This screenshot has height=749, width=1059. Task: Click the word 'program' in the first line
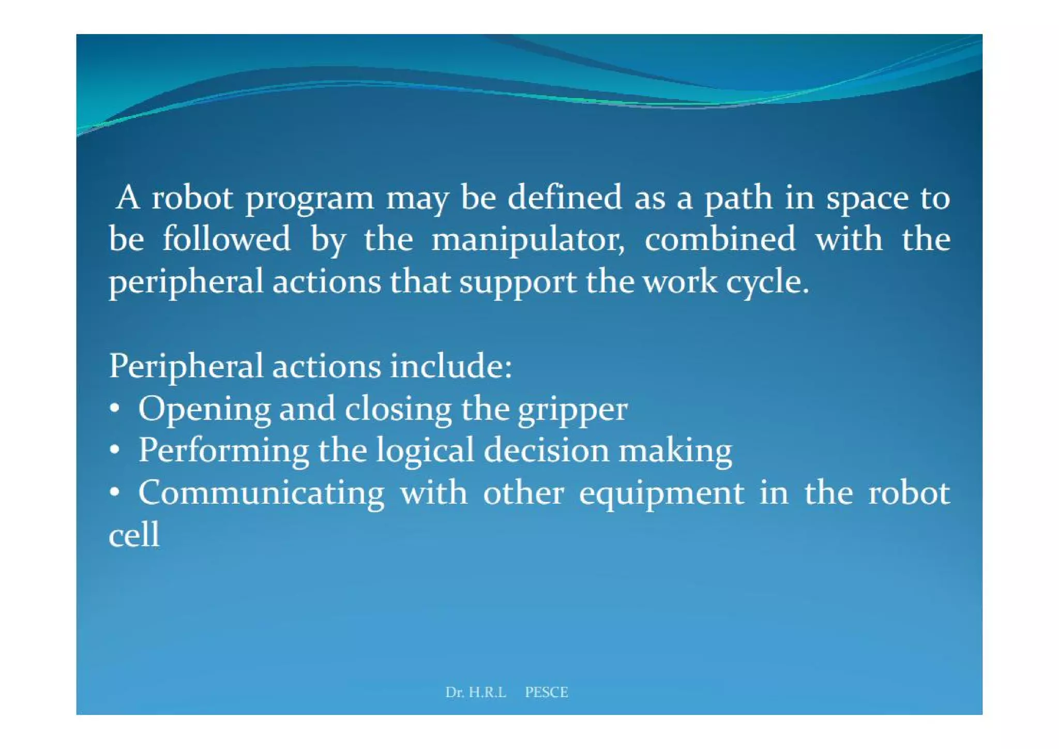coord(309,200)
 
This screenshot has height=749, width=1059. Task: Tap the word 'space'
coord(867,200)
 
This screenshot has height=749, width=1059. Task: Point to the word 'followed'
coord(226,239)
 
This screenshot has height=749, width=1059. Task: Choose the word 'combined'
coord(720,239)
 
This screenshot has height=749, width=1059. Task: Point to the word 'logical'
coord(425,451)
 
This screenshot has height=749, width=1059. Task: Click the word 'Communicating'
coord(261,493)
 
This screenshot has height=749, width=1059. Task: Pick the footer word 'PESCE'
coord(547,692)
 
